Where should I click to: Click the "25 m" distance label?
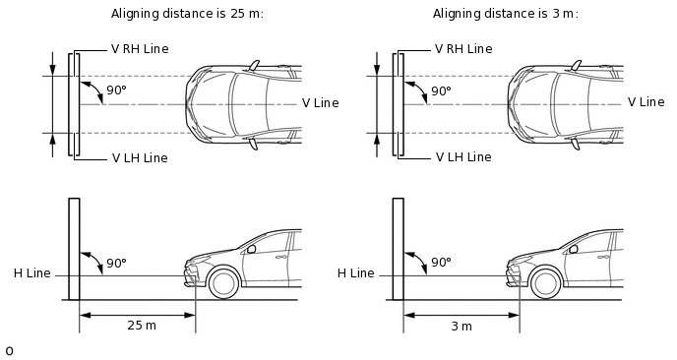tap(142, 325)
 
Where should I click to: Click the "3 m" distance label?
tap(462, 326)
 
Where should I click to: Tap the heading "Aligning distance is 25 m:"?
tap(187, 14)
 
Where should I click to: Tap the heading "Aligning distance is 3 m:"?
tap(505, 14)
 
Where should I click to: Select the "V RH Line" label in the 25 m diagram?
tap(140, 49)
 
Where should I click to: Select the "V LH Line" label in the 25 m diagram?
tap(140, 158)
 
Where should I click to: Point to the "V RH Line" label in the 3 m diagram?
tap(463, 49)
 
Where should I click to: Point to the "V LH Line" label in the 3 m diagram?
tap(463, 156)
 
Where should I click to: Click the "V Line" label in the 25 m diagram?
tap(321, 103)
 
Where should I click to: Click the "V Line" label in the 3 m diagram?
tap(646, 102)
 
